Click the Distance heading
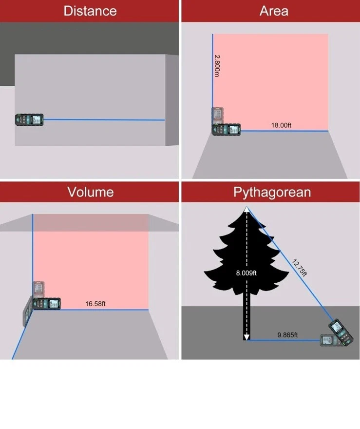pyautogui.click(x=90, y=11)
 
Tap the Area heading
pyautogui.click(x=274, y=11)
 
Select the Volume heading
pyautogui.click(x=91, y=192)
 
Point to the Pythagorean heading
pyautogui.click(x=272, y=193)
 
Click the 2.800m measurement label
pyautogui.click(x=217, y=66)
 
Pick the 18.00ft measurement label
pyautogui.click(x=281, y=125)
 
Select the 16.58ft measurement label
pyautogui.click(x=95, y=304)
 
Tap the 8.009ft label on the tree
pyautogui.click(x=246, y=273)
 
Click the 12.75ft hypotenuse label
pyautogui.click(x=300, y=268)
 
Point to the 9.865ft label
pyautogui.click(x=287, y=335)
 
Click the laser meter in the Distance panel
pyautogui.click(x=29, y=120)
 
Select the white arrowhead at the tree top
pyautogui.click(x=246, y=210)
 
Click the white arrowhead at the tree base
pyautogui.click(x=246, y=337)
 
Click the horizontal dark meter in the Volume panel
pyautogui.click(x=46, y=304)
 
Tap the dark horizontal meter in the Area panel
pyautogui.click(x=227, y=130)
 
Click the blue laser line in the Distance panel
pyautogui.click(x=104, y=120)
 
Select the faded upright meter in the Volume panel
pyautogui.click(x=38, y=290)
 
